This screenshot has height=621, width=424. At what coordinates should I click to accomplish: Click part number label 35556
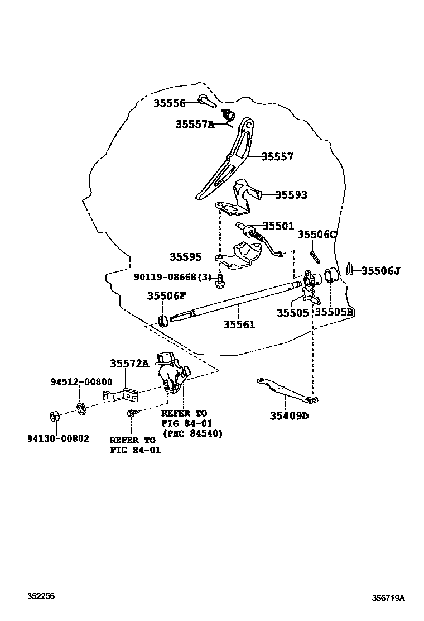[170, 103]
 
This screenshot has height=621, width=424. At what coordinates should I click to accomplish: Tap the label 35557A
[195, 125]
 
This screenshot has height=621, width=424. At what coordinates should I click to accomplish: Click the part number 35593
[291, 195]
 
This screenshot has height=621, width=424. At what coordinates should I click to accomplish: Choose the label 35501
[278, 226]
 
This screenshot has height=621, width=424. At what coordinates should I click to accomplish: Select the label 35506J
[380, 271]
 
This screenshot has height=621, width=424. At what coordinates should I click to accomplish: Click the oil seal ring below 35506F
[163, 321]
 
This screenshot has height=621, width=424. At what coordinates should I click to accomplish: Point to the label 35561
[239, 324]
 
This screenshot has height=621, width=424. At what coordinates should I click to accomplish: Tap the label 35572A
[129, 364]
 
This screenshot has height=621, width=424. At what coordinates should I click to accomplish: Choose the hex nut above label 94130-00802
[55, 416]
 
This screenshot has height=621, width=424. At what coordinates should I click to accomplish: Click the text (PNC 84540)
[192, 433]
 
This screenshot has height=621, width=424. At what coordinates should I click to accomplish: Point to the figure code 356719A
[388, 598]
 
